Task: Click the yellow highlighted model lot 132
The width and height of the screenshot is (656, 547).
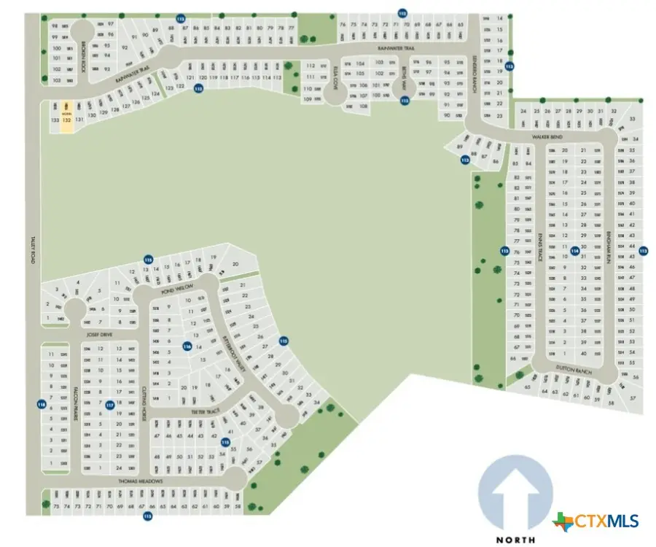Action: [66, 117]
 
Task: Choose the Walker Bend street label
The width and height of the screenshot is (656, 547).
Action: [549, 136]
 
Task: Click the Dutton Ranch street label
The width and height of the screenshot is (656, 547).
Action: [569, 370]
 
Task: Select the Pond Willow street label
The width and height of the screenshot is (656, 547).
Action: [173, 288]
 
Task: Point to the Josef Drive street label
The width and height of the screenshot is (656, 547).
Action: [98, 335]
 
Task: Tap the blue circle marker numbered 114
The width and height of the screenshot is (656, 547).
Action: [575, 251]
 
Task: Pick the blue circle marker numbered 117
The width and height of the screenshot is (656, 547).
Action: [109, 404]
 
